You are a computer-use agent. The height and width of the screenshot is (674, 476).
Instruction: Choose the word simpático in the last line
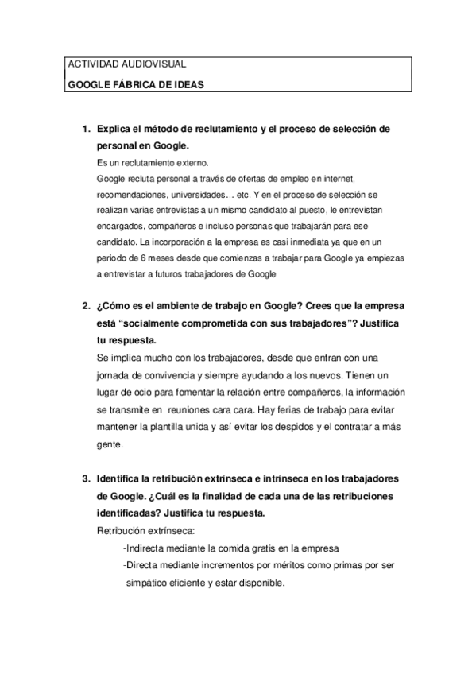click(150, 583)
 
